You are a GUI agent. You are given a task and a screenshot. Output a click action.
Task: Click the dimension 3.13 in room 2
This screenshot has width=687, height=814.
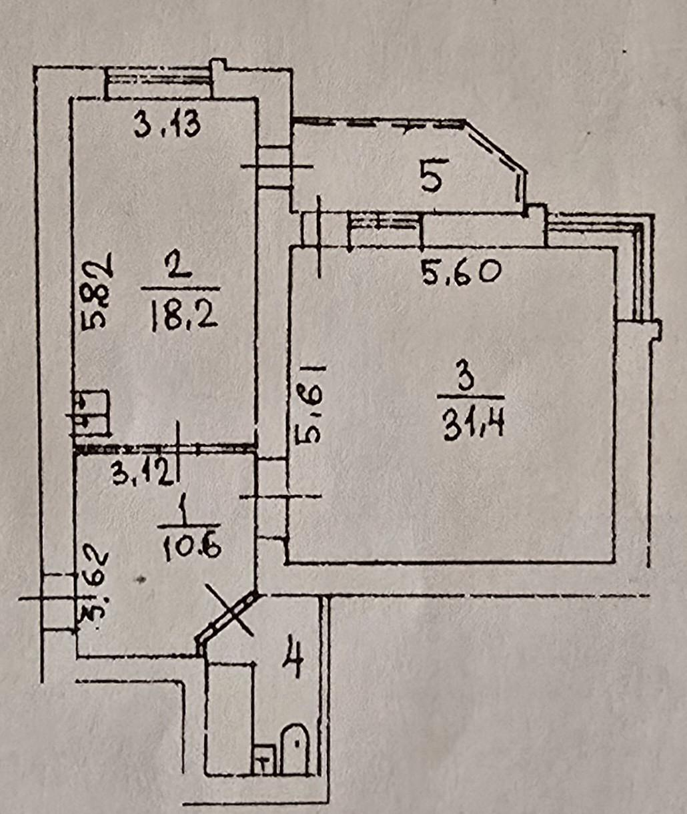(x=167, y=124)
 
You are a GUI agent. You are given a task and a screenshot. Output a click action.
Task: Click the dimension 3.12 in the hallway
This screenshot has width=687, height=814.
(x=143, y=474)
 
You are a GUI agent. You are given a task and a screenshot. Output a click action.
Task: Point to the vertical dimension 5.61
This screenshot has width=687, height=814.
(x=310, y=404)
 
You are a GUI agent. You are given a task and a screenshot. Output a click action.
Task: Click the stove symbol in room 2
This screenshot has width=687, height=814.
(x=90, y=414)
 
